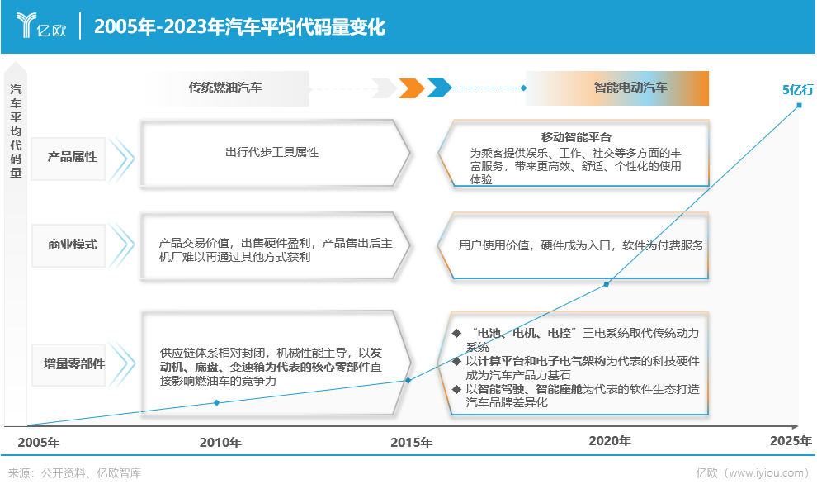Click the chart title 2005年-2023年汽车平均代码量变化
pos(239,26)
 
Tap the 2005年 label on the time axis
pos(39,442)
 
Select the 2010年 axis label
pos(220,442)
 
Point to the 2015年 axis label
pos(412,442)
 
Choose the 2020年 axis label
pos(610,441)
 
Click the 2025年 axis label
pos(791,441)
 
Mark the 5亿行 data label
pos(798,90)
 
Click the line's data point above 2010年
pos(217,402)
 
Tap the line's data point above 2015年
pos(408,381)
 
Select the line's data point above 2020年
pos(606,285)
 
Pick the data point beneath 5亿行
pos(800,105)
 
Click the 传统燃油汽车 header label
pos(225,88)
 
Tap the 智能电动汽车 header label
pos(630,88)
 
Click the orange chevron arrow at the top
pos(412,88)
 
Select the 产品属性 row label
pos(72,157)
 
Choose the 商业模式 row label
pos(72,244)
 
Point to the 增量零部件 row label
pos(74,364)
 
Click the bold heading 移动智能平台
pos(576,137)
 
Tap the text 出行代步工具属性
pos(272,152)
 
